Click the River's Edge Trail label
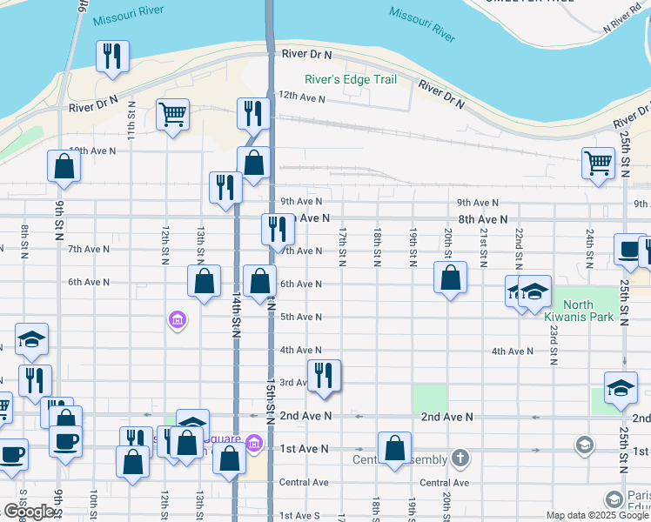351,80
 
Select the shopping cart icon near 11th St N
173,114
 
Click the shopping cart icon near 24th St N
598,163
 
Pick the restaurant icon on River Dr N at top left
112,57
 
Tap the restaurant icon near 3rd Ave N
325,376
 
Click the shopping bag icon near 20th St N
451,278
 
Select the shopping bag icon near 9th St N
64,166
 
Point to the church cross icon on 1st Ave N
460,458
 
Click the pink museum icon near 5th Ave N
177,321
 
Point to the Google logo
28,512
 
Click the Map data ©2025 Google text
597,515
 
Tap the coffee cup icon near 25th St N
628,250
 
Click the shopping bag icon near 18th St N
394,448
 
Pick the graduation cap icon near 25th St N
621,388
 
